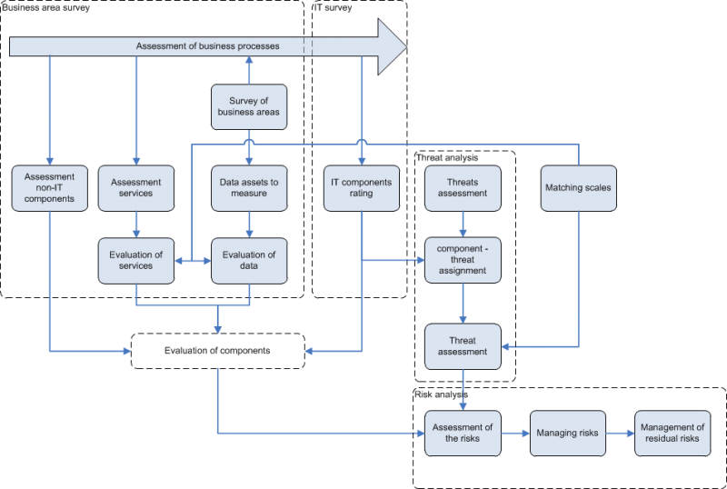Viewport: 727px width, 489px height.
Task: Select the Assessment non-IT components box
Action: point(51,187)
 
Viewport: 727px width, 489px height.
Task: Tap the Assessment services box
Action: point(135,187)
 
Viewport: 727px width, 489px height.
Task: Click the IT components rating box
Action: point(361,187)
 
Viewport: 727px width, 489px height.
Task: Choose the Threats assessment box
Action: point(463,187)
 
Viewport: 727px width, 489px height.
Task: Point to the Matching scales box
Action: point(577,187)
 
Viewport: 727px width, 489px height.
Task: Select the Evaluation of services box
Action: point(135,259)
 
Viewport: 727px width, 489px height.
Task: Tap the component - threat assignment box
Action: point(463,259)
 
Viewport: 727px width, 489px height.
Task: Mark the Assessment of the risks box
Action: point(463,434)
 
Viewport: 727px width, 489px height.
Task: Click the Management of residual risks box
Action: point(672,434)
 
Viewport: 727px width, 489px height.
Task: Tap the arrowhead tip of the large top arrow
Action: point(405,45)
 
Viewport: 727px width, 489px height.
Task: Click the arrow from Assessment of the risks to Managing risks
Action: point(515,434)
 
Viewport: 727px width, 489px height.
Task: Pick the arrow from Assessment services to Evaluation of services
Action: point(135,224)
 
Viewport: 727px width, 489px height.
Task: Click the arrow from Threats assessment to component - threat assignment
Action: point(463,224)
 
